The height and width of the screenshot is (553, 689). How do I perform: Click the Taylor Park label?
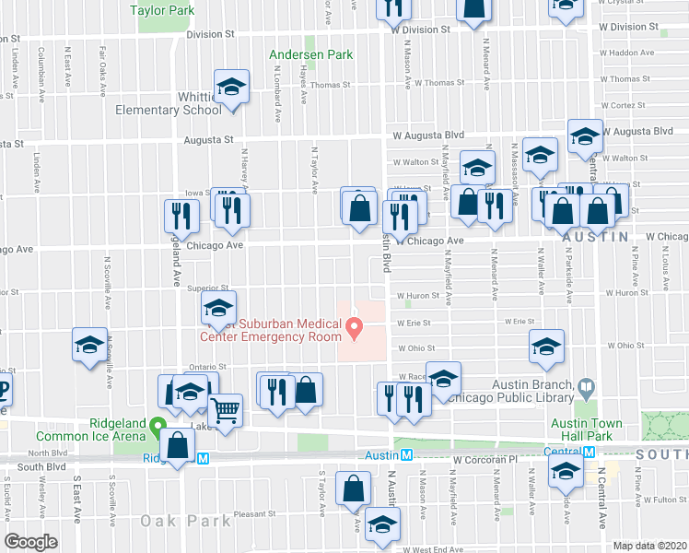pos(162,11)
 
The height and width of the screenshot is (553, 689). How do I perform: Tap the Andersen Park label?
pos(310,55)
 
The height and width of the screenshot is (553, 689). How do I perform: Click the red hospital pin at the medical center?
pos(354,325)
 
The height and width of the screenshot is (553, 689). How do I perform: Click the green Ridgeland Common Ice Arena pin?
pos(159,429)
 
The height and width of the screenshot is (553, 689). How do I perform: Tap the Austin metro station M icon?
pos(406,454)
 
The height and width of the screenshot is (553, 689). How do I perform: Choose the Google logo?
pos(30,542)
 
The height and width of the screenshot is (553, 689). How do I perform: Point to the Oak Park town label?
pos(185,521)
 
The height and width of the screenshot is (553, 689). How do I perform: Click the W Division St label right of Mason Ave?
pos(420,29)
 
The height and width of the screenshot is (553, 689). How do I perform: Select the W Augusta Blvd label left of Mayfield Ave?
pos(426,135)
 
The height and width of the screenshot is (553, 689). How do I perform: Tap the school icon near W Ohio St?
pos(546,347)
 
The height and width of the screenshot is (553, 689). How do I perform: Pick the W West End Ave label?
pos(438,548)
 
